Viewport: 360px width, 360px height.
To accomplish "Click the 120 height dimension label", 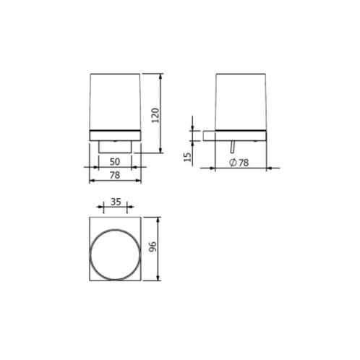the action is (155, 116).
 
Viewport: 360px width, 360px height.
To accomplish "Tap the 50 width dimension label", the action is (115, 162).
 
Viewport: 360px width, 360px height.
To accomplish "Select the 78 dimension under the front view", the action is (115, 175).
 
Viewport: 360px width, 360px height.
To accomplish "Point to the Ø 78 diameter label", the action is (239, 163).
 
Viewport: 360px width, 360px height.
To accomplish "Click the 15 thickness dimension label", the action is (187, 158).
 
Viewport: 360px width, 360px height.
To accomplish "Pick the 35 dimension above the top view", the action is (116, 202).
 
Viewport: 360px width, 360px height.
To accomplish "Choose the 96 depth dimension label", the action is (153, 247).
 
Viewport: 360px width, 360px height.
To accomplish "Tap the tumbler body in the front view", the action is (115, 102).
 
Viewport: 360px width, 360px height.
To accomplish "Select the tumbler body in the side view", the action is (241, 102).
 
